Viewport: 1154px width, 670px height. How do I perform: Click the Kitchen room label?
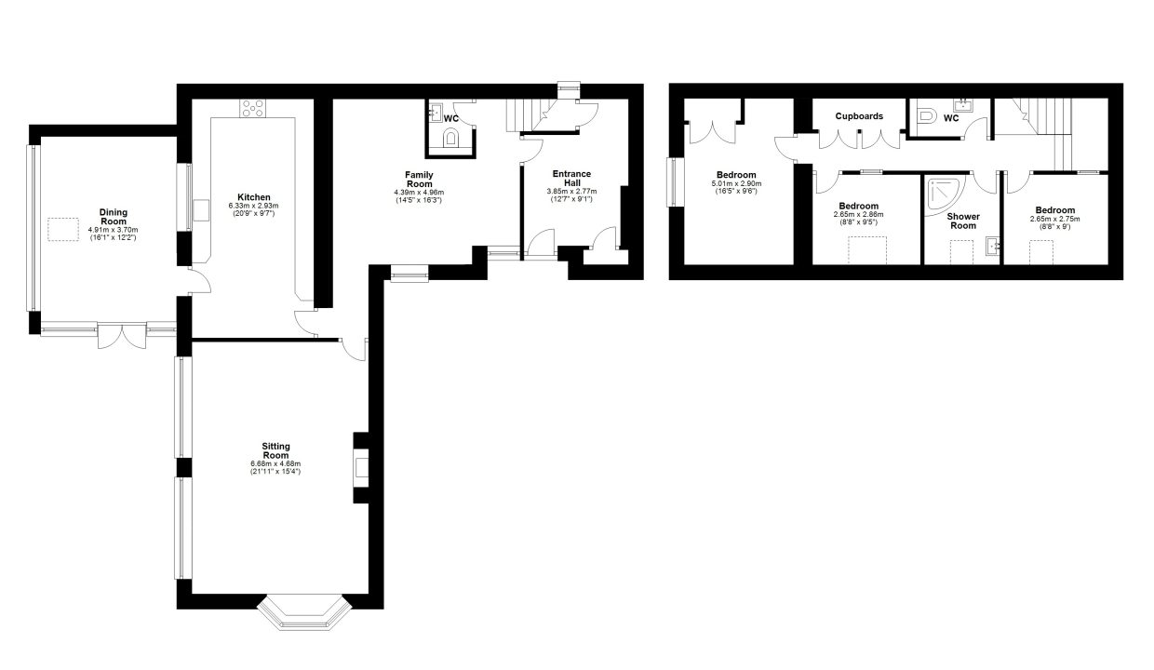click(x=254, y=197)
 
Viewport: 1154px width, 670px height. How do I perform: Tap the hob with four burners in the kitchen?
click(x=253, y=108)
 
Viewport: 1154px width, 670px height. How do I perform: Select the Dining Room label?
click(x=114, y=217)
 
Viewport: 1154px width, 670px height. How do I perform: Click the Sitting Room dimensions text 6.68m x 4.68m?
click(x=275, y=464)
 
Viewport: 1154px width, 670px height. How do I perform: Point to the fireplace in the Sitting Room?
click(x=361, y=468)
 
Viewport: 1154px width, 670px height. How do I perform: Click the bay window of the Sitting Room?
click(x=304, y=613)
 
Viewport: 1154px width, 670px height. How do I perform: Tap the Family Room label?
click(x=420, y=180)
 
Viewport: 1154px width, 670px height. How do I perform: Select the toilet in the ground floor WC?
click(x=450, y=138)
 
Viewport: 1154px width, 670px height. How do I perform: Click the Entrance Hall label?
click(x=571, y=178)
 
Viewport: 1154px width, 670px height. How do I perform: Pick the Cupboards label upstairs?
click(x=859, y=116)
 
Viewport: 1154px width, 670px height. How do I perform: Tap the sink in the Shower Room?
click(x=993, y=247)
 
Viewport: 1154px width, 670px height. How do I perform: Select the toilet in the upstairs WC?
click(x=926, y=115)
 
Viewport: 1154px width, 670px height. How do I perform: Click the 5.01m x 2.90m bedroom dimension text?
click(x=737, y=184)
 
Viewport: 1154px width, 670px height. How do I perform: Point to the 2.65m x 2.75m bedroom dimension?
click(x=1055, y=219)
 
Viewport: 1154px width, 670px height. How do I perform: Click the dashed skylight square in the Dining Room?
click(x=63, y=230)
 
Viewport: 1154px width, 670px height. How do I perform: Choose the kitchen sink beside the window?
click(x=201, y=210)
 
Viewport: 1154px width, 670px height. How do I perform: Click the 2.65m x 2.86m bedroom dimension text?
click(x=858, y=215)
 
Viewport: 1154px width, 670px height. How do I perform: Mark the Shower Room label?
click(x=963, y=221)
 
